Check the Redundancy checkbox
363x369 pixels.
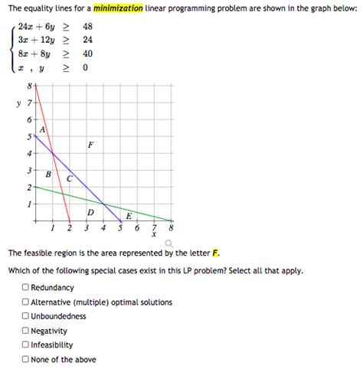pos(25,288)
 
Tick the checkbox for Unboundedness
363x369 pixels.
pos(25,316)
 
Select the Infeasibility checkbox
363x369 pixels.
pos(25,345)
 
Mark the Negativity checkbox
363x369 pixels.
pos(25,331)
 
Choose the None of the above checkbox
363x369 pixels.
pos(25,360)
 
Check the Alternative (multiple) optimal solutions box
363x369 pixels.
pos(25,302)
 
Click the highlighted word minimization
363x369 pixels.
pos(118,8)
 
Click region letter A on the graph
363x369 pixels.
pos(43,129)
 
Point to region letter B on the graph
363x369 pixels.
pos(48,175)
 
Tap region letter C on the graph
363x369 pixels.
pos(70,178)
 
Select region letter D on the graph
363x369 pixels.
pos(90,212)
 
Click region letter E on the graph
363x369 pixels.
pos(128,216)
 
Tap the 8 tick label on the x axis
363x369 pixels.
pos(172,229)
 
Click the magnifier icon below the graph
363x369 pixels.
pos(168,243)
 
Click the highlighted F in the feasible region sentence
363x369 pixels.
pos(217,253)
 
